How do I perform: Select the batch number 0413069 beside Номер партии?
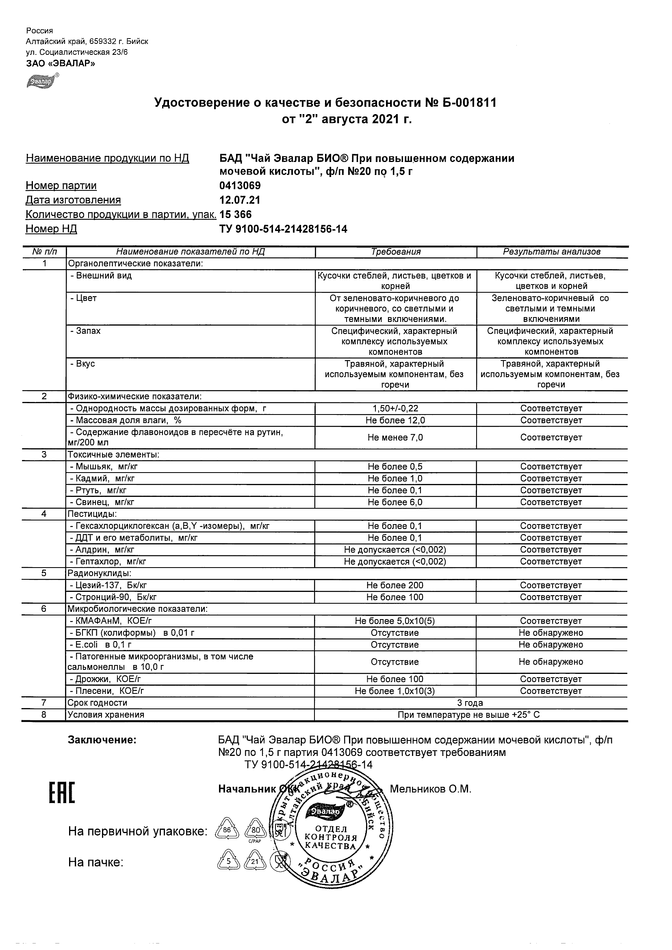(x=240, y=186)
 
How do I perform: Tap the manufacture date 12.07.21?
(x=240, y=200)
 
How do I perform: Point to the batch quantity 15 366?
(x=236, y=214)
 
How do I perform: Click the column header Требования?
(x=395, y=252)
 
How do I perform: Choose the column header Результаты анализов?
(x=551, y=252)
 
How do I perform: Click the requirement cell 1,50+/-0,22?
(x=395, y=408)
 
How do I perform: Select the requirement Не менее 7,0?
(x=395, y=437)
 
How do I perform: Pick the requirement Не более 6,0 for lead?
(x=395, y=502)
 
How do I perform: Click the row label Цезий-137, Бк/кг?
(x=108, y=585)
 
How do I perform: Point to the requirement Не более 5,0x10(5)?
(x=395, y=621)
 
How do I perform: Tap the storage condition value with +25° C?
(x=469, y=715)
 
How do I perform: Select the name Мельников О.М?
(x=431, y=790)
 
